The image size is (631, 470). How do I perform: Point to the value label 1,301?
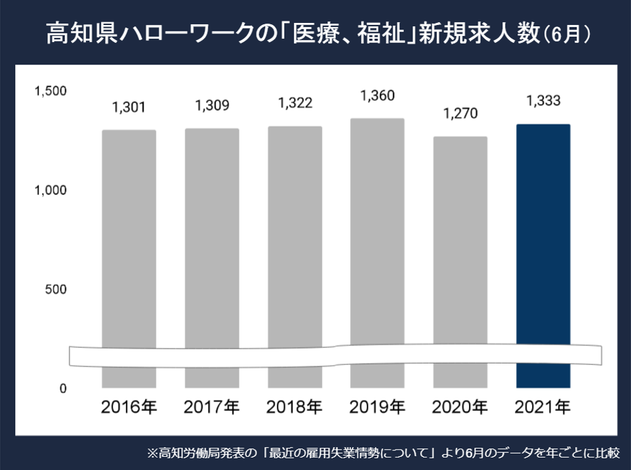click(129, 106)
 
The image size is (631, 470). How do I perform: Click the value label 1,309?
click(212, 104)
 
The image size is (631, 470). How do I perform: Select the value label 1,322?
click(295, 102)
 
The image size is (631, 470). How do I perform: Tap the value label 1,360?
click(377, 96)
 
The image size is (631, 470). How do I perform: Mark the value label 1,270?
click(460, 114)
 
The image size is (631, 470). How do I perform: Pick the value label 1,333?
click(543, 101)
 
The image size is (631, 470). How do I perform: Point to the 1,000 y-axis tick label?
click(50, 190)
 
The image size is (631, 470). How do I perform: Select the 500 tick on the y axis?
click(56, 289)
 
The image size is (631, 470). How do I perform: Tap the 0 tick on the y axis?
click(63, 389)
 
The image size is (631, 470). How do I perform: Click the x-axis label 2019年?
click(377, 408)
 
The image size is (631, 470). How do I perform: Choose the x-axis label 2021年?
click(543, 408)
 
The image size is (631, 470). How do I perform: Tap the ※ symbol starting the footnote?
click(152, 453)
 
